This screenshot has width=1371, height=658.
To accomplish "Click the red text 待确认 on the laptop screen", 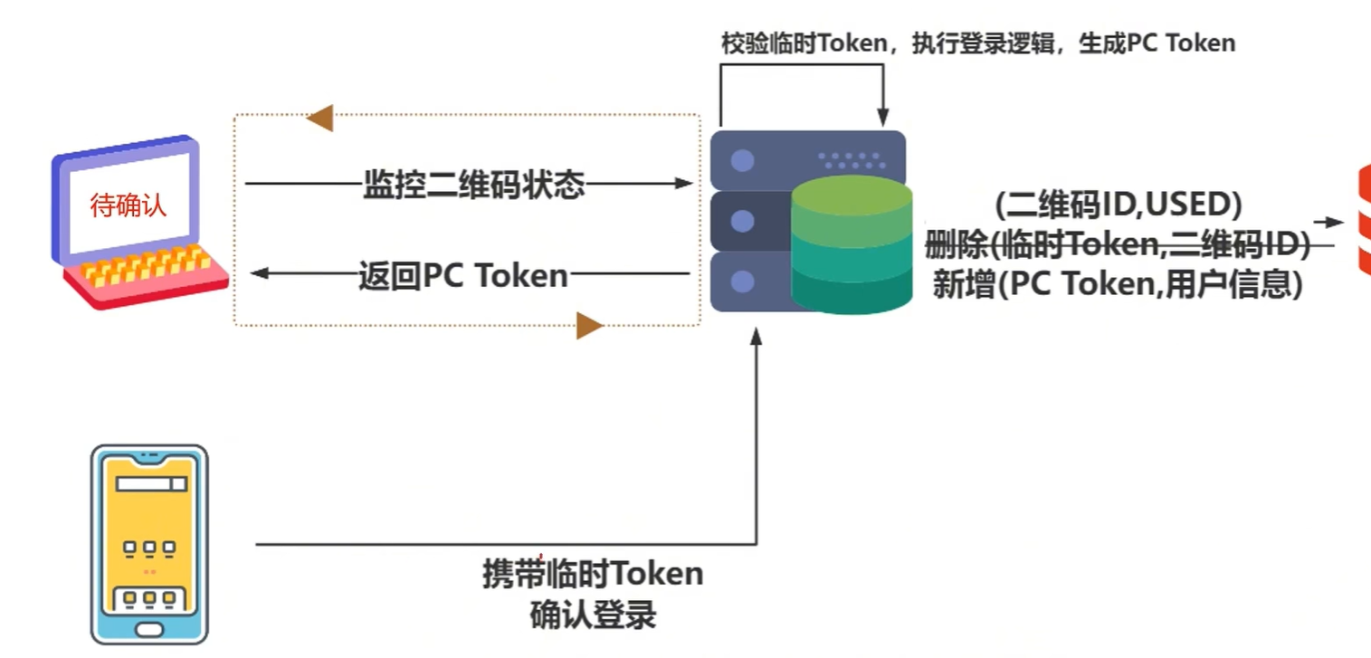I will (x=129, y=205).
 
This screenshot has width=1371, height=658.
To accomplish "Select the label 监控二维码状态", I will (x=473, y=184).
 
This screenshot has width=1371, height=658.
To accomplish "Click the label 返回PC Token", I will (x=463, y=275).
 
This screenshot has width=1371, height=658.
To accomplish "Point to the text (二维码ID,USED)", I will (x=1118, y=205).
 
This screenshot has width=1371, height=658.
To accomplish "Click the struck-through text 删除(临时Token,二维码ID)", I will (x=1118, y=244).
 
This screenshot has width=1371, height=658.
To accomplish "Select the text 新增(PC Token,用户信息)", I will (x=1118, y=284).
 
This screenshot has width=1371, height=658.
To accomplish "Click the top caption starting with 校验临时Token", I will (x=977, y=43).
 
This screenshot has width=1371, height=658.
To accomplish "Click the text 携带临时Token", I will (x=593, y=574).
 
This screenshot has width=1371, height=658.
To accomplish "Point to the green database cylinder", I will (x=852, y=244).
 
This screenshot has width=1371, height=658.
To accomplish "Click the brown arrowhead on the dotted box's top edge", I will (x=320, y=118).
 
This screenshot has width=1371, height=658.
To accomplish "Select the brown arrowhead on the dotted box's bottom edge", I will (x=589, y=325).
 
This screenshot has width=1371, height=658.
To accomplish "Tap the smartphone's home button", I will (x=150, y=628).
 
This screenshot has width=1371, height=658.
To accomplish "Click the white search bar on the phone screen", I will (x=151, y=484).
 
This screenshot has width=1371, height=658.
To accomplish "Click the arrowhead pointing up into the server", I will (x=757, y=337).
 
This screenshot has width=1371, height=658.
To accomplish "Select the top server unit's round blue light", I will (x=743, y=162).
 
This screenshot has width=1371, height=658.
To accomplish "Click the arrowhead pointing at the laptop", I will (x=257, y=273).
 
